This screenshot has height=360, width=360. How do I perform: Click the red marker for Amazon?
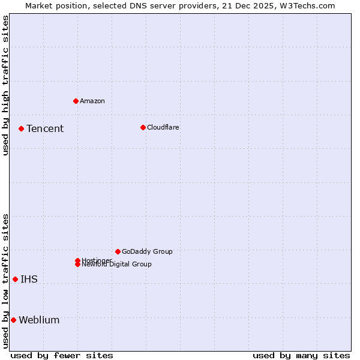(x=76, y=101)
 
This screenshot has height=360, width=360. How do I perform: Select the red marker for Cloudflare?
(x=143, y=127)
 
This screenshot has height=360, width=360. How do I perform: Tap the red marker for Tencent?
(x=21, y=128)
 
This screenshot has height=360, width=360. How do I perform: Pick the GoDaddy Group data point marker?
(x=118, y=251)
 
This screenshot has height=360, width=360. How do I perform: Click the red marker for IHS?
(x=15, y=279)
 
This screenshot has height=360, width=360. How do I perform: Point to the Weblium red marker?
(x=13, y=320)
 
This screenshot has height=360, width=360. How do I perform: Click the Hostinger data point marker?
(x=77, y=260)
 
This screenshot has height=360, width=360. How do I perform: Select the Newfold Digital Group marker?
(x=77, y=265)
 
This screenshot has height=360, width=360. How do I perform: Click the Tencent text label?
(x=45, y=129)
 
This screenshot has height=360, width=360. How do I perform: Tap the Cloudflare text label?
(x=163, y=127)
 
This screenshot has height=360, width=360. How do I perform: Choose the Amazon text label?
(x=92, y=101)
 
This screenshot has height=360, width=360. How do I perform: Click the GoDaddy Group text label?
(x=147, y=251)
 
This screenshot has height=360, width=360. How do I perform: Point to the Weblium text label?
(x=39, y=320)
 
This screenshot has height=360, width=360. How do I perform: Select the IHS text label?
(x=29, y=280)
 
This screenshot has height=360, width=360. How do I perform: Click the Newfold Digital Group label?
(x=117, y=265)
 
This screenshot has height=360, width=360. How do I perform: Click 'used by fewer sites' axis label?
(x=62, y=355)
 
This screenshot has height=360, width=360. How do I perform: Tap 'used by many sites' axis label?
(x=301, y=355)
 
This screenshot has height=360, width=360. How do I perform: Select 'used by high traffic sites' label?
(x=5, y=85)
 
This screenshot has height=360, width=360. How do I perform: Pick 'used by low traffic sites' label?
(x=5, y=281)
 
